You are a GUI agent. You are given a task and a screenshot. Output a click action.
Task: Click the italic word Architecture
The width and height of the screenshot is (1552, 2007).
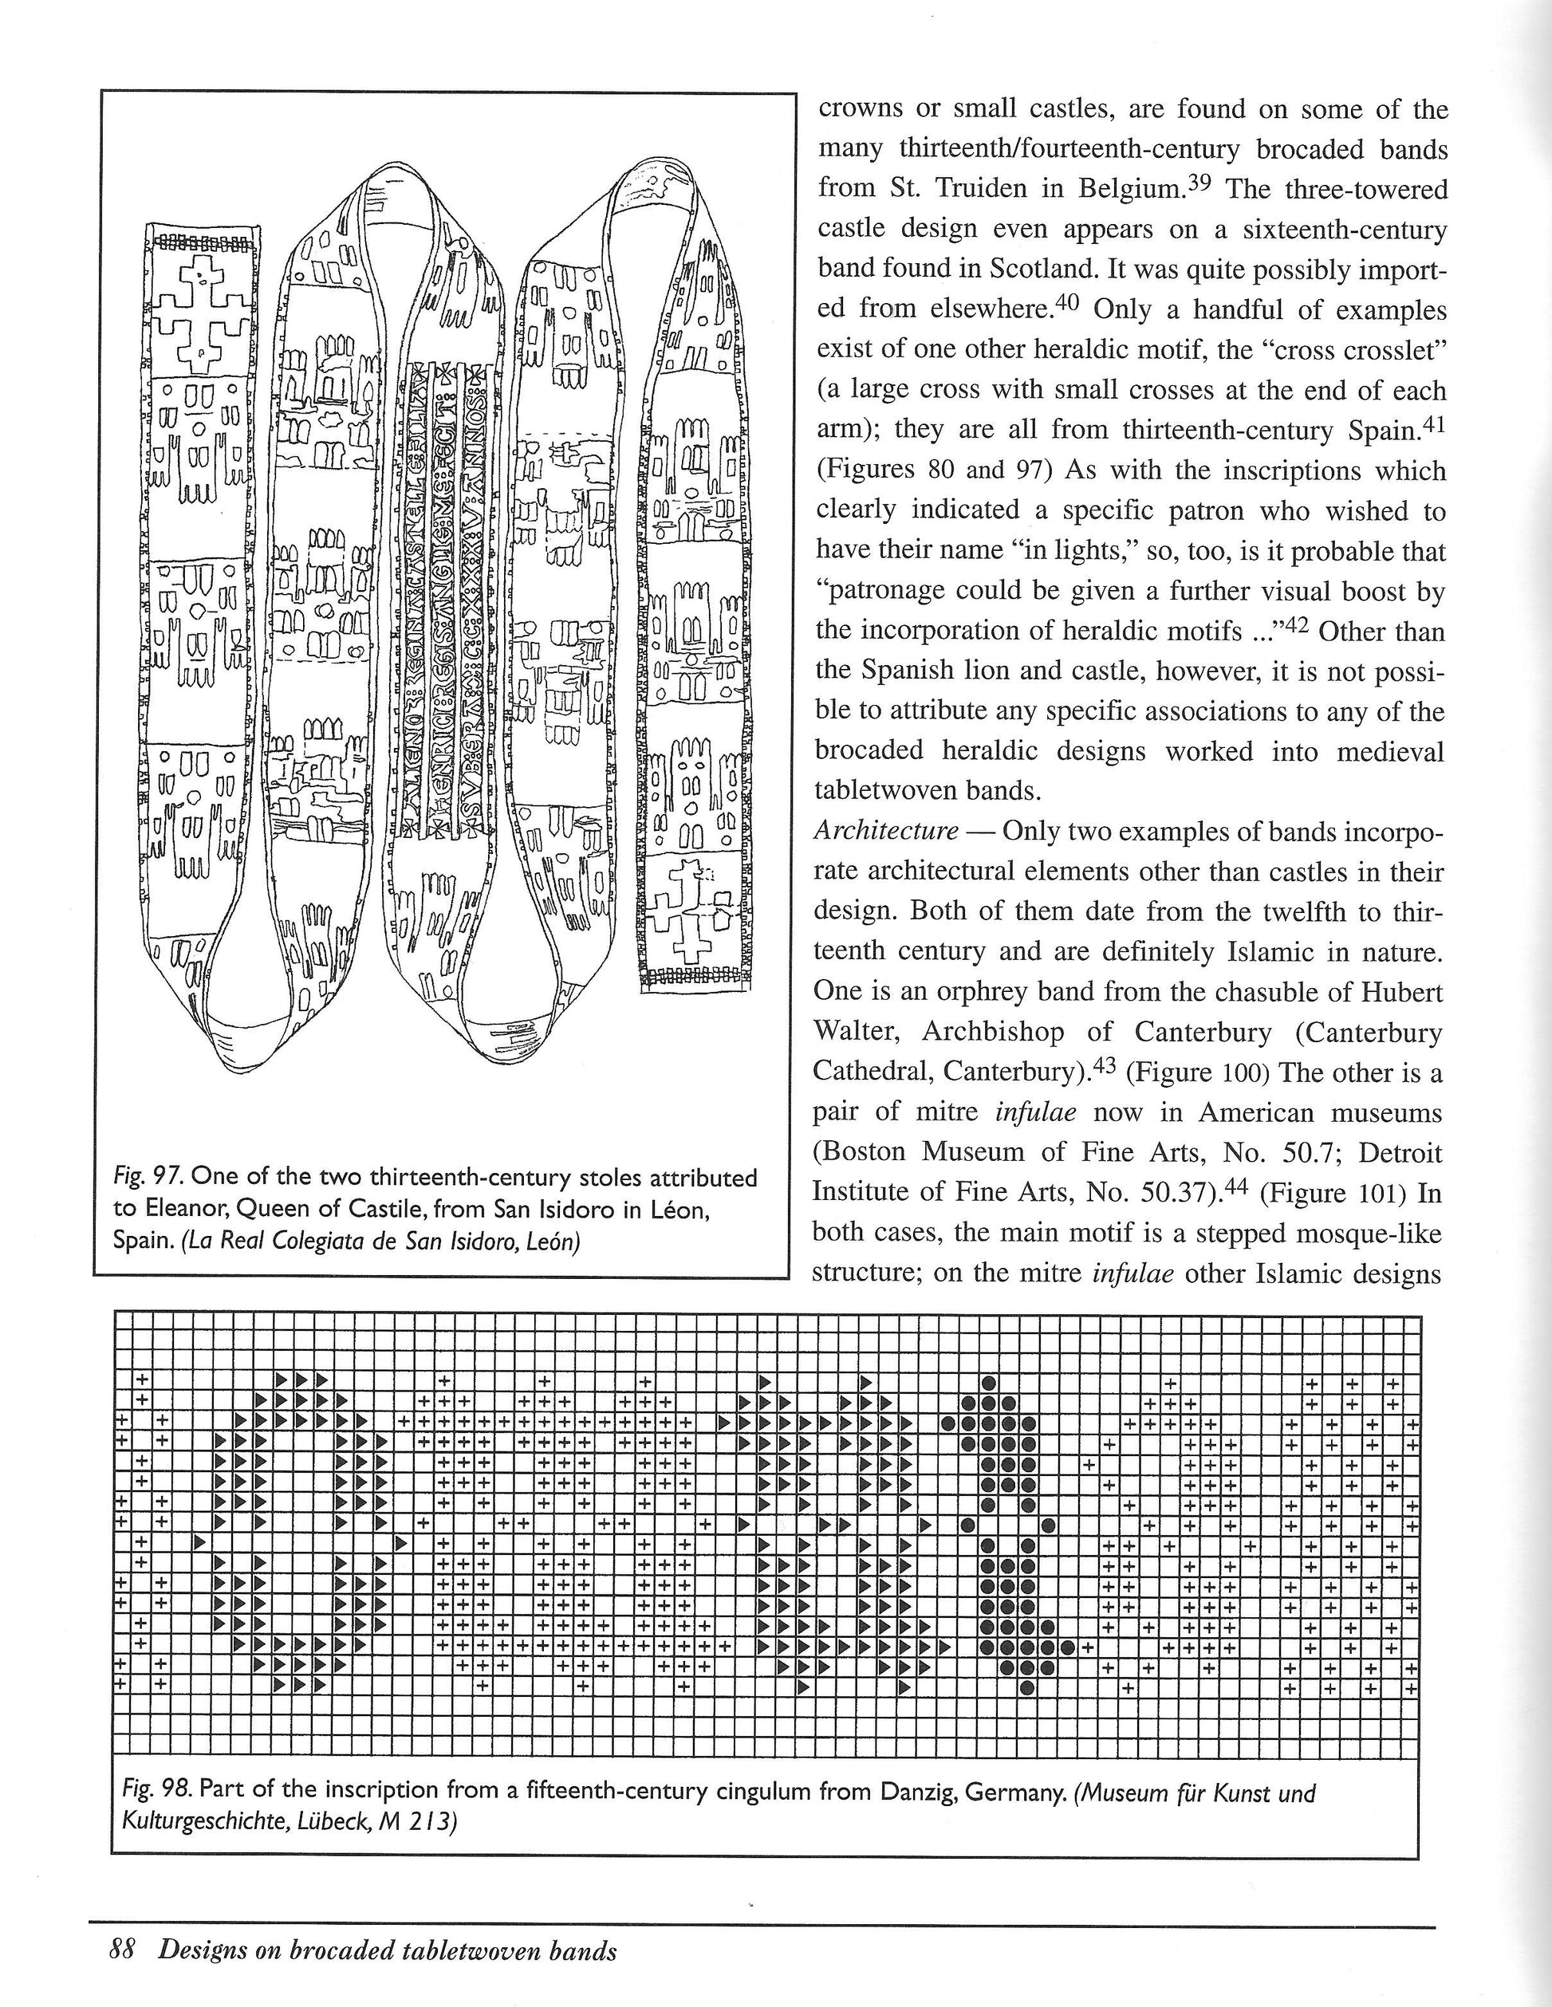point(886,832)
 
